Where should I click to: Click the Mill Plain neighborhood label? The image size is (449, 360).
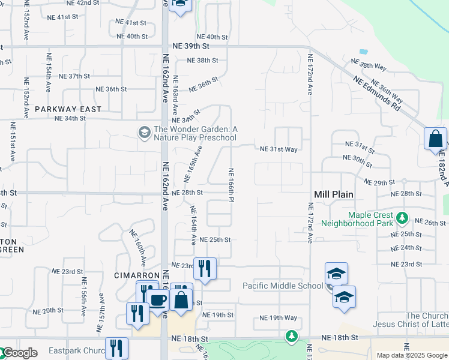tap(334, 194)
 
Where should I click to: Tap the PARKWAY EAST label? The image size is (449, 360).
tap(68, 109)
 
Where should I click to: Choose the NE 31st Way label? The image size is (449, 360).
tap(279, 149)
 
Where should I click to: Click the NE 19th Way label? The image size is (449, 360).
tap(278, 317)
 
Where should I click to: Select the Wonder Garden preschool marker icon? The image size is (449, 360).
tap(144, 132)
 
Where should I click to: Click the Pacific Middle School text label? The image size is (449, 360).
tap(282, 286)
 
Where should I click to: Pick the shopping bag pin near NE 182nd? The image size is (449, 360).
tap(435, 139)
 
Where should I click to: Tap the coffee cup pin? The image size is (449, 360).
tap(158, 300)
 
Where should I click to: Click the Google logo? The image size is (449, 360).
tap(19, 353)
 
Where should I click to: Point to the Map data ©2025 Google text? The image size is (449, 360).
tap(412, 355)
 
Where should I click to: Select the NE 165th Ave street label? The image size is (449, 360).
tap(193, 166)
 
